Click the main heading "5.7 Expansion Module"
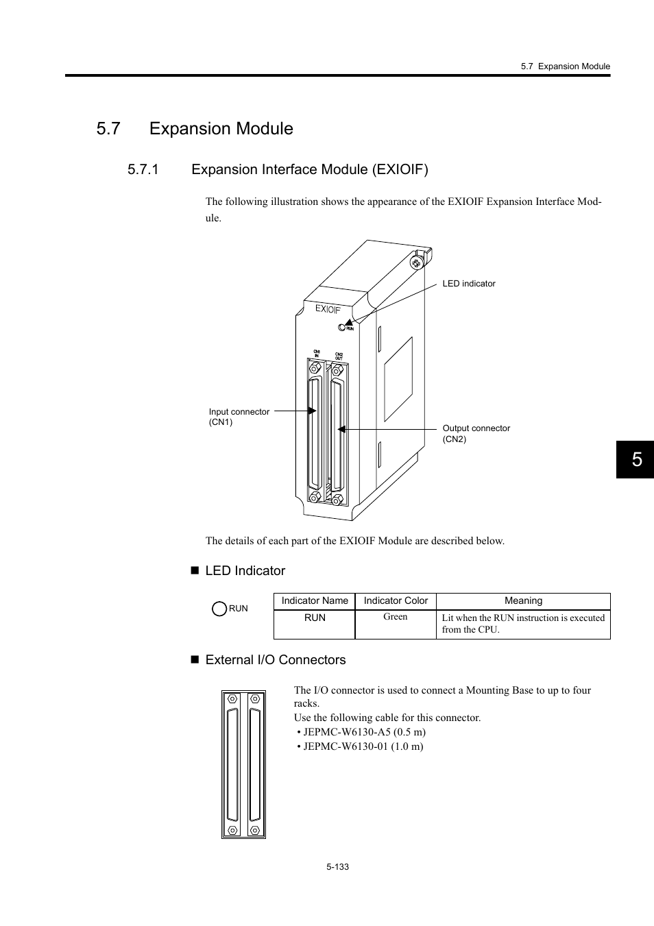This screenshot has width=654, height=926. coord(195,129)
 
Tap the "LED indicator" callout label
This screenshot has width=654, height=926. coord(468,284)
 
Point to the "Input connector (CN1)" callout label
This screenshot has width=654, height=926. coord(239,417)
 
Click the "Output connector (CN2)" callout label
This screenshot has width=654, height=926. coord(476,433)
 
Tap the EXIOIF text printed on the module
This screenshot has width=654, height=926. coord(328,309)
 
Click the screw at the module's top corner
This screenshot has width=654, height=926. coord(416,263)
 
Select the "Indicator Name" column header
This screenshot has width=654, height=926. coord(315,601)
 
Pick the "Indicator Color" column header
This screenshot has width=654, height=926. coord(396,601)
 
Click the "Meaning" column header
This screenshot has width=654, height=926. coord(523,601)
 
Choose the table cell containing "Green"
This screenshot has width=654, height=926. coord(396,617)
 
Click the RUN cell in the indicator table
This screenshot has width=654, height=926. coord(315,618)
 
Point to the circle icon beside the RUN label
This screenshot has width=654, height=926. coord(219,609)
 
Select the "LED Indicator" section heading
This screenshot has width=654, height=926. coord(245,571)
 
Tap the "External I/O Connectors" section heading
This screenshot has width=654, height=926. coord(275,660)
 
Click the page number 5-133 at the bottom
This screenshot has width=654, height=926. coord(338,867)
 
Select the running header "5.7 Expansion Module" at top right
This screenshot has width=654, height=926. coord(565,66)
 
